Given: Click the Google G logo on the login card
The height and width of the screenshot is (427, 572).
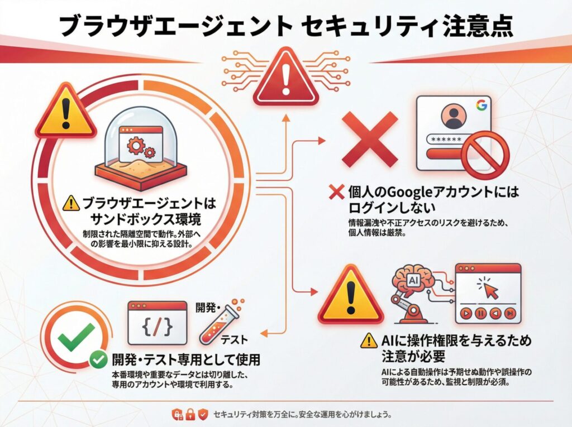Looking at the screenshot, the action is [482, 105].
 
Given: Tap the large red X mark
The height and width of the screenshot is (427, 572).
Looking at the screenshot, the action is [369, 140].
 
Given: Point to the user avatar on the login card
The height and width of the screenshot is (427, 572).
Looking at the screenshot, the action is [454, 116].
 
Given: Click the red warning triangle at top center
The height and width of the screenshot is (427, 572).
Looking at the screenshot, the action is [285, 76].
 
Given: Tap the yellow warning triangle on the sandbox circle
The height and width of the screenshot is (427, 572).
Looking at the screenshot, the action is [66, 111].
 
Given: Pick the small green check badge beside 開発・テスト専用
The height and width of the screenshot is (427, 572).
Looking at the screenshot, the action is [98, 359].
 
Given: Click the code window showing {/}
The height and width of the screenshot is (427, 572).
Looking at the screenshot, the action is [157, 323].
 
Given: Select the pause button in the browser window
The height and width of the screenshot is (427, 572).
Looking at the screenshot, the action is [480, 313].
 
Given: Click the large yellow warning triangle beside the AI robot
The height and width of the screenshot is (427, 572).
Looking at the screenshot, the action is [351, 295].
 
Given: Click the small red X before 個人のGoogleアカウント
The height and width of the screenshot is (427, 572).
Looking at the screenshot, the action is [336, 192].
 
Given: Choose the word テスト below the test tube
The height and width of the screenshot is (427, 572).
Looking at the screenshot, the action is [234, 340].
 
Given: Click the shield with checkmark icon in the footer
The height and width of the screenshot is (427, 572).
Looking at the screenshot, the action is [203, 414].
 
